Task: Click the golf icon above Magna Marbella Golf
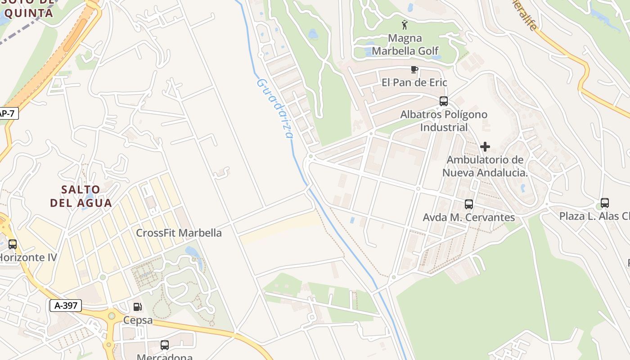(405, 24)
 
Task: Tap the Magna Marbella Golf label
(405, 45)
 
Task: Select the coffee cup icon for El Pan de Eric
(414, 69)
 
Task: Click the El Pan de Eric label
(414, 82)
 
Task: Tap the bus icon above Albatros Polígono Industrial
(444, 101)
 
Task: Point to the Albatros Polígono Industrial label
(444, 121)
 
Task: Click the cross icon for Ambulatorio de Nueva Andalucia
(485, 147)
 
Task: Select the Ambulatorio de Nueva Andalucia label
(485, 166)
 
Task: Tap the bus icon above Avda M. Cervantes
(469, 204)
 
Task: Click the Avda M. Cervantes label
(469, 217)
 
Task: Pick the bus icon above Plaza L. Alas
(605, 203)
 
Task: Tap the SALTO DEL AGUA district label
(81, 196)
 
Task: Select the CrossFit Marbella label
(179, 233)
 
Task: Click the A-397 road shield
(66, 306)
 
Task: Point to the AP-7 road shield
(8, 113)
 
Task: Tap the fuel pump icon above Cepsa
(138, 307)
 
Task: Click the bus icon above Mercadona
(165, 345)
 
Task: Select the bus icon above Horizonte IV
(13, 244)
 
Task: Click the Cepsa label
(138, 321)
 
